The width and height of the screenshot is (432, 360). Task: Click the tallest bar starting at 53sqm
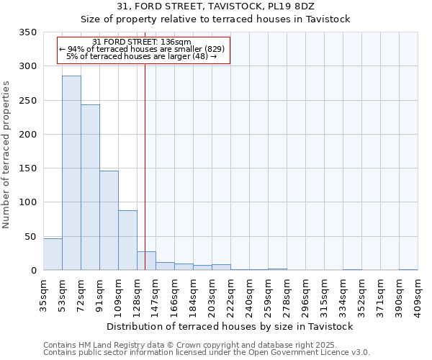point(71,173)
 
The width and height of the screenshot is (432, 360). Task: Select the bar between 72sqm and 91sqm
point(90,187)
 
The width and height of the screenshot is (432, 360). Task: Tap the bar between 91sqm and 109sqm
point(109,220)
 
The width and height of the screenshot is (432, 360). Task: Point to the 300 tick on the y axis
point(28,66)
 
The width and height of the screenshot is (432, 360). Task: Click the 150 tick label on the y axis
point(28,168)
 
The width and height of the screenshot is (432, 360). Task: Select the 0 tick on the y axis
point(34,271)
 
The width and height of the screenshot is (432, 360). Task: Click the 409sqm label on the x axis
point(418,294)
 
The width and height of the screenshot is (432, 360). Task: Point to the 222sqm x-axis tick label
point(231,294)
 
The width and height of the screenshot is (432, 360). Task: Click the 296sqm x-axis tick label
point(306,294)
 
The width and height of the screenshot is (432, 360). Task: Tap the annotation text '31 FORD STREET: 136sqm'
point(142,42)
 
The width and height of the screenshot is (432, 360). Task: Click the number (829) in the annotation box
point(215,48)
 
